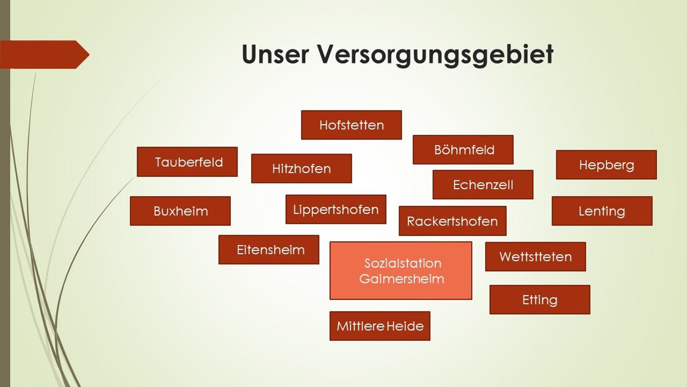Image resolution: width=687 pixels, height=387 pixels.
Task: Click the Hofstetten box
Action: pos(351,125)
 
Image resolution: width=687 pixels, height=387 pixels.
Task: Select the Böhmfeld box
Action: pos(463,150)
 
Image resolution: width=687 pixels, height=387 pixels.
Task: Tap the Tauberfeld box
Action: pos(187,162)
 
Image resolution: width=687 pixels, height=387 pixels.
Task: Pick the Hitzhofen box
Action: pos(301,169)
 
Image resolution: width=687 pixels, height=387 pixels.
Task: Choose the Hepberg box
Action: pos(606,165)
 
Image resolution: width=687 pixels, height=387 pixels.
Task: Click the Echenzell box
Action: pos(483,185)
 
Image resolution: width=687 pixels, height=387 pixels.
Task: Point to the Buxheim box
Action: pos(180,211)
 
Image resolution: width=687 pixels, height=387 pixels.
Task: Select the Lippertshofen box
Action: pos(336,210)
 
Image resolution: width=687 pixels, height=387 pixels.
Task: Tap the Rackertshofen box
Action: pos(452,221)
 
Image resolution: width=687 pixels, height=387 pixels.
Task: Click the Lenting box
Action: pos(602,211)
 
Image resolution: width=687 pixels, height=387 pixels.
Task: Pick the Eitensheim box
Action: pos(269,250)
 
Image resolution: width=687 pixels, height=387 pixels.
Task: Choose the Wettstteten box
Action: pos(535,257)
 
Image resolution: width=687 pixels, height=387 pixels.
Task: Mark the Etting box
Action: pos(540,300)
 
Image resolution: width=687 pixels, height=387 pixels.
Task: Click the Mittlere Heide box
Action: pos(380,326)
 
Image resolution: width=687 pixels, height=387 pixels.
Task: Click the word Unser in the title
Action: pos(275,54)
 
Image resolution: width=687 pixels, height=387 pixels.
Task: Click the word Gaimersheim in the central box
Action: pos(401,279)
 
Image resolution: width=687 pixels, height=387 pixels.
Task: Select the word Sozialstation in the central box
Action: pos(403,263)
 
